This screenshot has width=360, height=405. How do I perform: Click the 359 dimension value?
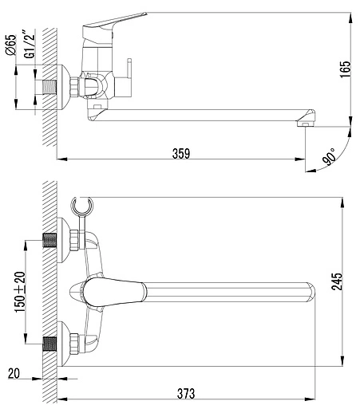click(181, 154)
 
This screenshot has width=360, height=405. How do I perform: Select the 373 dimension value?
click(186, 393)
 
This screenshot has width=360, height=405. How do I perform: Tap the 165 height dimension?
click(346, 69)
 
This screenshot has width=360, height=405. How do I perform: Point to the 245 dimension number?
click(337, 281)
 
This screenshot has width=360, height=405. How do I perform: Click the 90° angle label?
click(329, 157)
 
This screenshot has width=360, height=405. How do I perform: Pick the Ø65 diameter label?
click(11, 45)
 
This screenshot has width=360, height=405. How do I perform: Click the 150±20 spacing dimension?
click(20, 292)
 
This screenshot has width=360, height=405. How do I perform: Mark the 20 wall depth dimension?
click(14, 373)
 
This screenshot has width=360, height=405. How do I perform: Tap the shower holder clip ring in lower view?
click(82, 206)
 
